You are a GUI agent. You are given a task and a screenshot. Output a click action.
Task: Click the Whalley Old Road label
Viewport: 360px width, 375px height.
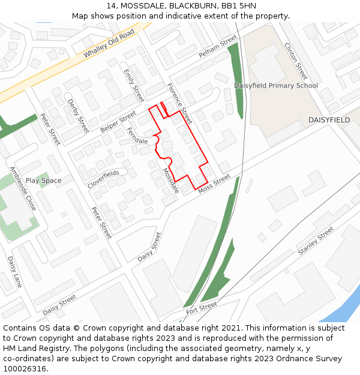[109, 44]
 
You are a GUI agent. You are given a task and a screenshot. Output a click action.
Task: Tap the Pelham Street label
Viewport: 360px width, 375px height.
[218, 48]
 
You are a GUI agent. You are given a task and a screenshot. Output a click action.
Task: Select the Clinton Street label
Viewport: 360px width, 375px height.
[296, 61]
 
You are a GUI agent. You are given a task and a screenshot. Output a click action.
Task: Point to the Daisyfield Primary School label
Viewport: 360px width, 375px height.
[276, 86]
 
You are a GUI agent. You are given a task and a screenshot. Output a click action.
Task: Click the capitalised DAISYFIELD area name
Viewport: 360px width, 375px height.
[329, 120]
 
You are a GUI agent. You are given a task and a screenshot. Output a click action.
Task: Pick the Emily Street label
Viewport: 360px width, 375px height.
[134, 85]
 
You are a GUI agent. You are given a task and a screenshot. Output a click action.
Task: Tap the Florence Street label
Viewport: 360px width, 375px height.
[179, 100]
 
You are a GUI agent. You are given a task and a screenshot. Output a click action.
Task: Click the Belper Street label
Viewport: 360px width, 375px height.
[118, 121]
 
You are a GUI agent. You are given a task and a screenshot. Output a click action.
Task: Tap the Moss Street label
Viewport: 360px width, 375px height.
[214, 182]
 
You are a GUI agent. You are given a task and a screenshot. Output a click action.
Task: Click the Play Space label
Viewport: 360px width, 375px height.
[43, 181]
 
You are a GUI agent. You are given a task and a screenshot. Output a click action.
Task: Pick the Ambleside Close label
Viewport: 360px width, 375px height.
[23, 188]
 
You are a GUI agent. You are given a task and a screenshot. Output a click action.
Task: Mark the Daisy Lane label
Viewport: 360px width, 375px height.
[14, 272]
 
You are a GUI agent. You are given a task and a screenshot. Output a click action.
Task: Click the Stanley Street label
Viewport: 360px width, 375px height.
[316, 241]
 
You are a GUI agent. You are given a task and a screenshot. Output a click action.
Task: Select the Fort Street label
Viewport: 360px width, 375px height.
[201, 307]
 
